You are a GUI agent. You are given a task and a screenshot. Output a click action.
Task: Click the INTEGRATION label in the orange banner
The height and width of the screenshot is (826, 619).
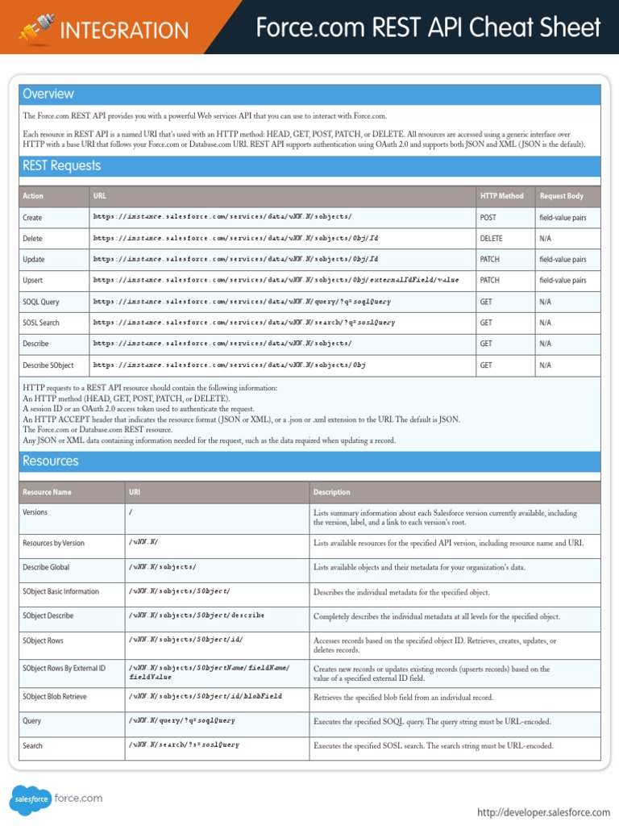124,31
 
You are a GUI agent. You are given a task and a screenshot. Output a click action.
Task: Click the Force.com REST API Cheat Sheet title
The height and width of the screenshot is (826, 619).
428,28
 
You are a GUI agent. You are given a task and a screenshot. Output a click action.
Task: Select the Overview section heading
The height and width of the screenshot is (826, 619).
48,94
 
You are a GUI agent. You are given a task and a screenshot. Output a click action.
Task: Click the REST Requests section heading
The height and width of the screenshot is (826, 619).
62,166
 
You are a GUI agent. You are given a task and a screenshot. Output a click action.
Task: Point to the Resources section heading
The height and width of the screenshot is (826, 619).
51,461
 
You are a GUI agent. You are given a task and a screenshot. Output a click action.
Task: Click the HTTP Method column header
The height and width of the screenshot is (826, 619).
501,196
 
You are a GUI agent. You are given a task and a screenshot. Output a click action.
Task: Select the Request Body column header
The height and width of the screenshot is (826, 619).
562,196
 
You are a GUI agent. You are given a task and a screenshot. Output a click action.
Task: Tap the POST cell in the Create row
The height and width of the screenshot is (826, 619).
488,218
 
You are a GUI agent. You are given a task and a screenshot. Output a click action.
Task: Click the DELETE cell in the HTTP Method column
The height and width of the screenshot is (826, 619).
491,239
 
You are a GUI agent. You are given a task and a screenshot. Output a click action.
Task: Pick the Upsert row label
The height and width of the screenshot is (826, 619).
33,281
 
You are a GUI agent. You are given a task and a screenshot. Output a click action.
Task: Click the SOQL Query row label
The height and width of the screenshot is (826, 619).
41,302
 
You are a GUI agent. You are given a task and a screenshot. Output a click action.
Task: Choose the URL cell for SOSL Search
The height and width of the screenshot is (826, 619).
244,323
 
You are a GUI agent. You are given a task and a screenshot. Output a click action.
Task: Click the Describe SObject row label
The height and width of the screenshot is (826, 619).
48,365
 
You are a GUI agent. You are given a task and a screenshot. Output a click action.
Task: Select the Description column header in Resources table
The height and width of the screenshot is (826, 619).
332,492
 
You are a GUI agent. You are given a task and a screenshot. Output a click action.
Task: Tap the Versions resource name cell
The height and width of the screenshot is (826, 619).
35,512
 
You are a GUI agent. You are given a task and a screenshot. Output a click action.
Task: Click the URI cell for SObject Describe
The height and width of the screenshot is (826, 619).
196,615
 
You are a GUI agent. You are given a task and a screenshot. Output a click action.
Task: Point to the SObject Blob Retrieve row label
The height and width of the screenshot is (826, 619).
55,697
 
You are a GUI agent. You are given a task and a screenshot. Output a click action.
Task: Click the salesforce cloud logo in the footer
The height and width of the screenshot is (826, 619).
31,799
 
